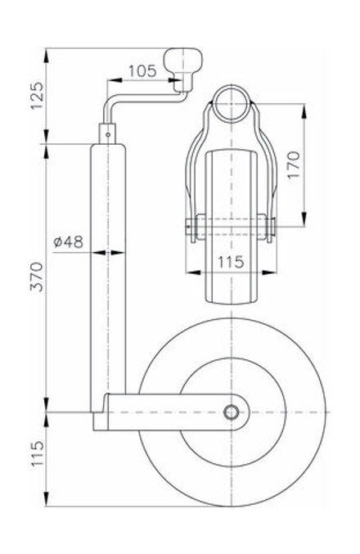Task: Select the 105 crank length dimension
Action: pos(142,71)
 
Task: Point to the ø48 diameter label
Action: pos(68,241)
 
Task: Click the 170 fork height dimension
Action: pos(296,165)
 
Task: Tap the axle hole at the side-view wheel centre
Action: pos(232,411)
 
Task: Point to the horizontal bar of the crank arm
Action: pos(143,94)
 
